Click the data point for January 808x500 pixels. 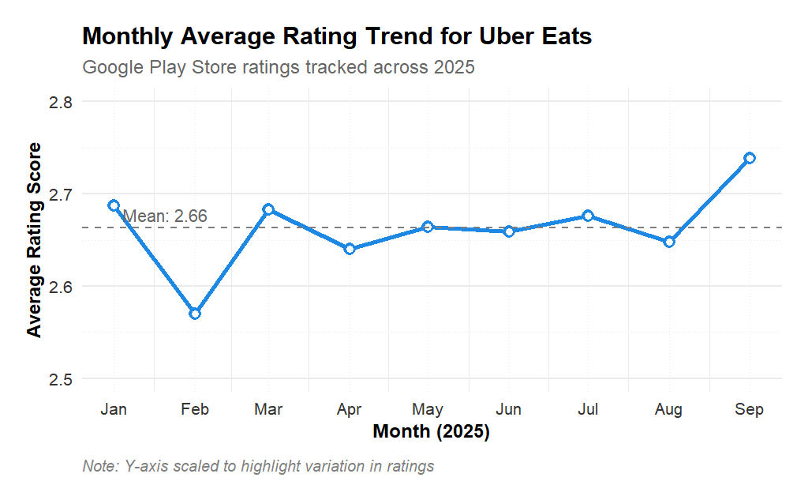(114, 205)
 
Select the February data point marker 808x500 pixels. (195, 314)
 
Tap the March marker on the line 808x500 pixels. (268, 209)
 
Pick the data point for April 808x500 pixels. (350, 249)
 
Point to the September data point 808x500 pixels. (750, 158)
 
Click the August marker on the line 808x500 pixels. (669, 242)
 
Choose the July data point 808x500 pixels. (588, 216)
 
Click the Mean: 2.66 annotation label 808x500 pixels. (165, 216)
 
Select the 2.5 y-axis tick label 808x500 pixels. (60, 379)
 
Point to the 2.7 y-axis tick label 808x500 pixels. (60, 194)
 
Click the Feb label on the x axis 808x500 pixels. (195, 409)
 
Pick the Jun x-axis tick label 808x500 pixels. (508, 409)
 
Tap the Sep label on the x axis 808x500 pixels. (750, 409)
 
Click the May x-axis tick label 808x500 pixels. (428, 409)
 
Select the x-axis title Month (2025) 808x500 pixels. (431, 432)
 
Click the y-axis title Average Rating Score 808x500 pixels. (34, 240)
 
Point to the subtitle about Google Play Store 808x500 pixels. (279, 67)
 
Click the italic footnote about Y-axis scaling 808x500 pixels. (258, 466)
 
